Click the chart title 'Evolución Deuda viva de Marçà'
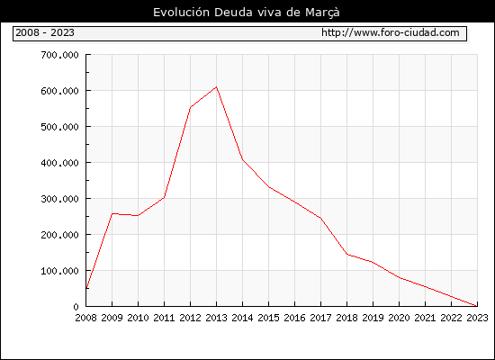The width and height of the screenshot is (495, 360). point(247,13)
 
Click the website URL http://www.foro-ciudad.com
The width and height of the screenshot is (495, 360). point(391,32)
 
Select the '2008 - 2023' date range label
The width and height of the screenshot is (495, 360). point(45,32)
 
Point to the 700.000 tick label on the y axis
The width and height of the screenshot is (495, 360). point(59,55)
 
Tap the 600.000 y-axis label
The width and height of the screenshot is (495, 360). point(59,91)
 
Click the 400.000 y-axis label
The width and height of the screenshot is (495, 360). point(59,163)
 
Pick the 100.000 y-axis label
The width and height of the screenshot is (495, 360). point(59,271)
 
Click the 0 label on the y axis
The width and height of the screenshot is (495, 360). point(76,307)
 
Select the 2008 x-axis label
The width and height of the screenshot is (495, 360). point(85,318)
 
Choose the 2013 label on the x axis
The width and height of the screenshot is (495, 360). point(216,318)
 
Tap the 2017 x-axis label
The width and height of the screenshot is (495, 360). point(320,318)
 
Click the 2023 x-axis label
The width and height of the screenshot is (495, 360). point(477,318)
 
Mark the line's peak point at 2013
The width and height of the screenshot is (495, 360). point(216,86)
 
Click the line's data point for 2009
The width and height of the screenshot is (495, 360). point(112,214)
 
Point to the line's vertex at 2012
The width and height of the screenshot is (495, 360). point(191,108)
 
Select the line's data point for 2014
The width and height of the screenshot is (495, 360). point(242,160)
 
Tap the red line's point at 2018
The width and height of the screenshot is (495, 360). point(346,254)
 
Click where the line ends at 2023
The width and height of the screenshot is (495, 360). point(477,306)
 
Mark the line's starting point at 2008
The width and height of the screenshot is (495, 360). point(86,288)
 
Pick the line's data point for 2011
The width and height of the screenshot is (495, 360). point(164,197)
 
